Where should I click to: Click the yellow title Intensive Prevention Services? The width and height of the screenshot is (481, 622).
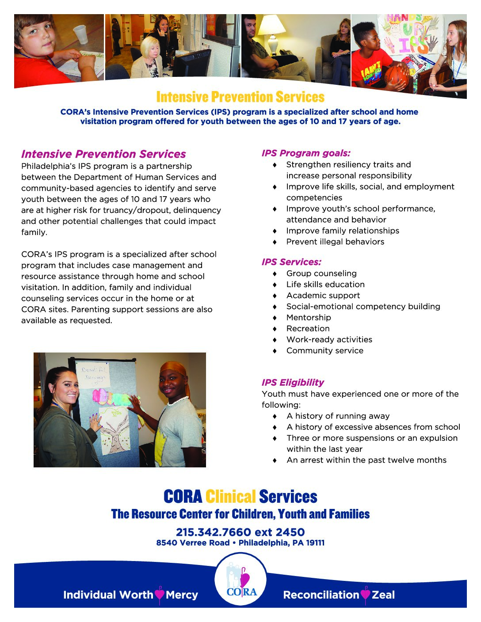point(240,97)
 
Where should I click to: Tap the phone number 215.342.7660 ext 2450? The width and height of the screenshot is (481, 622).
point(240,532)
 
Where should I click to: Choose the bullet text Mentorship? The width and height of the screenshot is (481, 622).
point(309,318)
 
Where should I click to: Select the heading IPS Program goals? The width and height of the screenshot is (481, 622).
point(306,153)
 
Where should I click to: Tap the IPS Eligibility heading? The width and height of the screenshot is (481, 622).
point(293,383)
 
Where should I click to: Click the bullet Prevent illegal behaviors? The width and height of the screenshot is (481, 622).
point(335,242)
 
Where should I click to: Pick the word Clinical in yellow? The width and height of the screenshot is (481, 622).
point(231,497)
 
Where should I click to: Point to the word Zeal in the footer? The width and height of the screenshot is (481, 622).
point(383,595)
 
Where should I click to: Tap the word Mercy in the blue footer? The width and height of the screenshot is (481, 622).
point(182,595)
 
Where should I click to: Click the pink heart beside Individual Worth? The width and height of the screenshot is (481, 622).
point(160,595)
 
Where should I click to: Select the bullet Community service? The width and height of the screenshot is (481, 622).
point(325,351)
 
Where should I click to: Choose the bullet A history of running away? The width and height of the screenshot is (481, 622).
point(338,416)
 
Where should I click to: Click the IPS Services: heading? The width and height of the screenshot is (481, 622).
point(291,262)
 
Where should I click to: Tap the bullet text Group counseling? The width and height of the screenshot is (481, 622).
point(321,273)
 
